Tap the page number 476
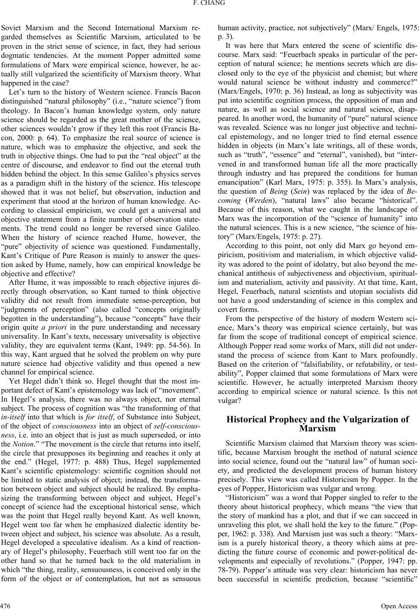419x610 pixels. click(6, 606)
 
